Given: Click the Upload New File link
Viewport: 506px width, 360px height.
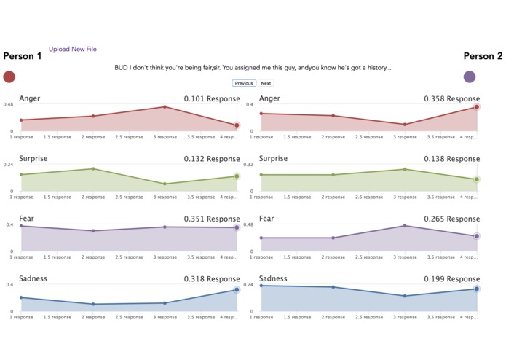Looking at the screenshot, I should tap(72, 50).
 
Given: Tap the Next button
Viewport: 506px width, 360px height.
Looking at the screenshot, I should tap(266, 83).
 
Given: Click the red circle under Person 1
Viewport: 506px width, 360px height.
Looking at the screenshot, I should tap(9, 77).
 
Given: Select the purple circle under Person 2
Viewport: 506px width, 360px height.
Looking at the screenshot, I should tap(470, 77).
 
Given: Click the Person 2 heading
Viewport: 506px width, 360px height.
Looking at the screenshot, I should tap(483, 56).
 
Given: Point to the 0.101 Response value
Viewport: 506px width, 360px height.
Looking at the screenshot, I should tap(212, 98).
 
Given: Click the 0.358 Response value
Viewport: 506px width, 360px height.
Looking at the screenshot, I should tap(452, 98).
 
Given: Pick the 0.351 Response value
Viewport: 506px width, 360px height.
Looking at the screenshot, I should tap(212, 219).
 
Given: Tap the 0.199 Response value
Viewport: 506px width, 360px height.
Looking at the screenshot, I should tap(452, 278).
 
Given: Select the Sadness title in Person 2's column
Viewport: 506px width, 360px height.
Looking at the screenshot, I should tap(273, 278).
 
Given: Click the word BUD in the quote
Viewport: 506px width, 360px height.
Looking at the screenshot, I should tap(121, 68).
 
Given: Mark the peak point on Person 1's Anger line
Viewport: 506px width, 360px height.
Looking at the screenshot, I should tap(165, 107).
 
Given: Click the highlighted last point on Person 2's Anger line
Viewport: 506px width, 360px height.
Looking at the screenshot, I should tap(477, 107).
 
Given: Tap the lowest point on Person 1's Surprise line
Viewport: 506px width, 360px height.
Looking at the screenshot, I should tap(165, 184).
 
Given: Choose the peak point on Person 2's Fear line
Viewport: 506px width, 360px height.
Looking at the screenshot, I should tap(405, 226).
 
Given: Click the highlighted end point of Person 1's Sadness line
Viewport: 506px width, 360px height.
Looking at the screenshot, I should tap(237, 290).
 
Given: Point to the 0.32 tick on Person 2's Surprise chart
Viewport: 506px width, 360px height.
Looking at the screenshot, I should tap(249, 165).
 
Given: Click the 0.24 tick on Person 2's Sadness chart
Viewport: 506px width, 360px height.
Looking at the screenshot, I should tap(249, 285).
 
